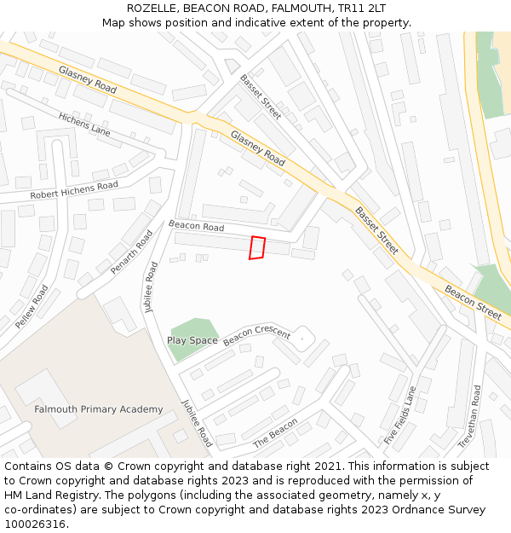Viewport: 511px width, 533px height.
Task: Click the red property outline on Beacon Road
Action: click(x=256, y=247)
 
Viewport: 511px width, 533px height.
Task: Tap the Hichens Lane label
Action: click(x=84, y=125)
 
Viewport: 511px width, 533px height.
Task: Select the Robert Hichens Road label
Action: click(x=74, y=190)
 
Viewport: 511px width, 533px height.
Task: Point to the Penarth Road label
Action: click(x=132, y=252)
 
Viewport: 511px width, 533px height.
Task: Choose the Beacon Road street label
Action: click(x=197, y=227)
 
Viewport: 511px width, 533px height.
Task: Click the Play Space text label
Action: click(x=192, y=340)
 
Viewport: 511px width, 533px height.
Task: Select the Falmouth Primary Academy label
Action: click(x=98, y=409)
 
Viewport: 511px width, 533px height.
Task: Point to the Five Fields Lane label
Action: click(x=400, y=415)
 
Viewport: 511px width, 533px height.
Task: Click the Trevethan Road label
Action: click(x=469, y=417)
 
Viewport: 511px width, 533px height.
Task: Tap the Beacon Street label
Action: click(x=473, y=302)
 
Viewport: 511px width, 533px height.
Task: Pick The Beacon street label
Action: click(x=276, y=433)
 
